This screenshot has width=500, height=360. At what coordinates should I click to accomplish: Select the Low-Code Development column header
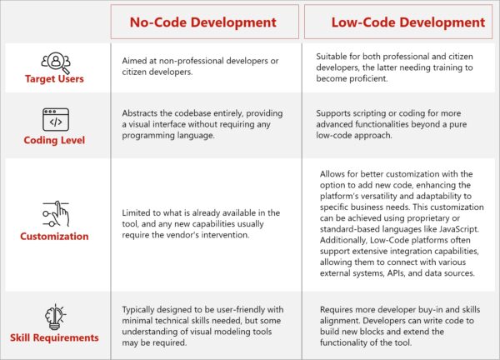point(396,22)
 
